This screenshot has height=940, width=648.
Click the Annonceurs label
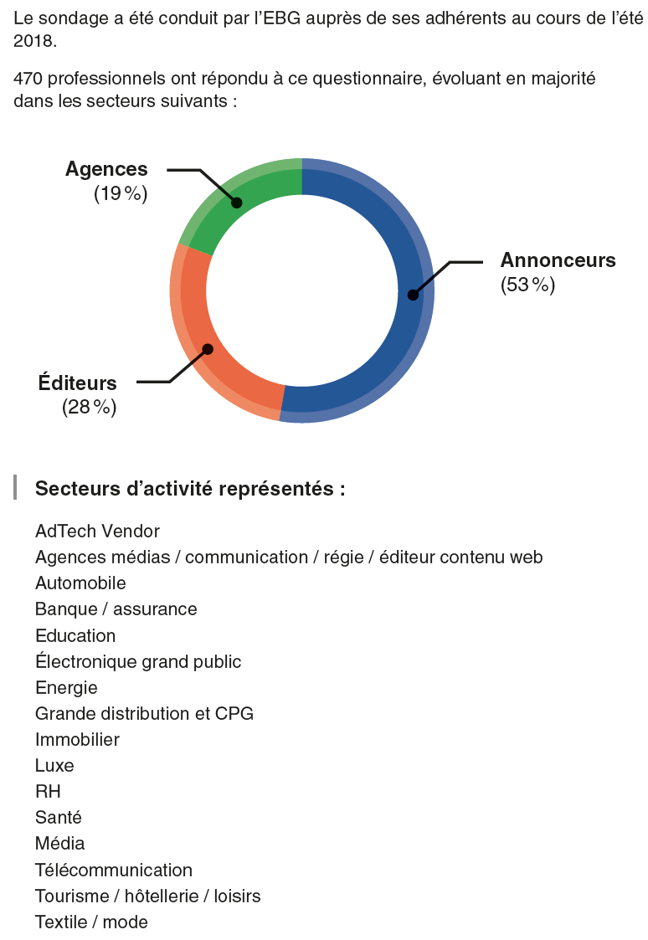(x=558, y=260)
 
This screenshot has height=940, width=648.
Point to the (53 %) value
(x=527, y=285)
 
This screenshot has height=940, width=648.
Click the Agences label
(x=106, y=169)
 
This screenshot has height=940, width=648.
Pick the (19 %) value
(x=121, y=194)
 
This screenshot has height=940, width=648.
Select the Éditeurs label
(x=78, y=383)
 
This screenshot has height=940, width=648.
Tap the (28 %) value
(x=90, y=408)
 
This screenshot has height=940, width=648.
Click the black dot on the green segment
(x=237, y=203)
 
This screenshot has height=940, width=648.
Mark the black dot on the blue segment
(x=413, y=295)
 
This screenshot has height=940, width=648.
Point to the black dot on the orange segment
(x=208, y=349)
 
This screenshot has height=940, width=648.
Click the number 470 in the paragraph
(x=28, y=80)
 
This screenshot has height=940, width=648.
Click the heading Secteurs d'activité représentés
(x=190, y=489)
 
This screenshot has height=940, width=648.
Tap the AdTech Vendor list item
(x=97, y=531)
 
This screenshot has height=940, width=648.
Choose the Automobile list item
(x=80, y=583)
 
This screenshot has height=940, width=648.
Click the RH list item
(x=48, y=791)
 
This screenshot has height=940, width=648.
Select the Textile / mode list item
(x=91, y=922)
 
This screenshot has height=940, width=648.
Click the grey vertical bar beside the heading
(x=15, y=488)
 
